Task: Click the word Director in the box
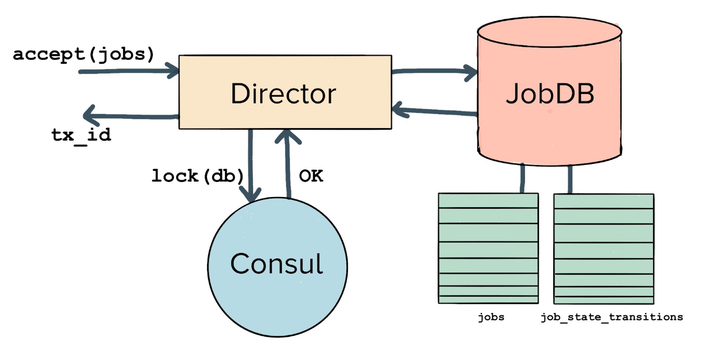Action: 283,94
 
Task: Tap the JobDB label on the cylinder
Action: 550,94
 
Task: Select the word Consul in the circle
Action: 276,264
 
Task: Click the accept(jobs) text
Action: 83,54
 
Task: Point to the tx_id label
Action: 81,136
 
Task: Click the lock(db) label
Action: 198,176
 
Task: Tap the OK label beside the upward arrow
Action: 311,176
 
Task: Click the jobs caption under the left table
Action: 491,317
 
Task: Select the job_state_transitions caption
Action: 611,317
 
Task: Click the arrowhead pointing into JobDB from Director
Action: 471,72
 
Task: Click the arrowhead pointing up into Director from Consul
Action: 287,137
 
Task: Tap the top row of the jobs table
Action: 488,201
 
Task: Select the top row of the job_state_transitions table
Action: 604,201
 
